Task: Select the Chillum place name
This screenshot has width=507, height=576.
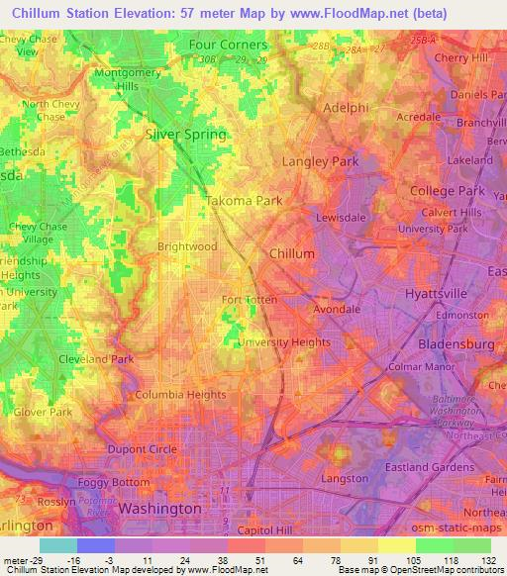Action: click(x=292, y=254)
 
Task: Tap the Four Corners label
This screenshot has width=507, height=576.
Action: click(x=229, y=46)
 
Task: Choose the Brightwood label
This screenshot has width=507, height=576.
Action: click(x=187, y=245)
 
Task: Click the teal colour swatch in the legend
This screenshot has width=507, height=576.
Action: click(x=57, y=545)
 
